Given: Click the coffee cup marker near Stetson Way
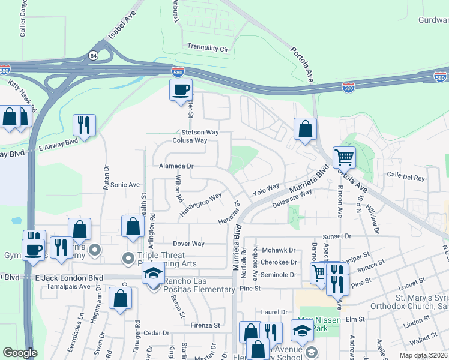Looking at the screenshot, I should [181, 91].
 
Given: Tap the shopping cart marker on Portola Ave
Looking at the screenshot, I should [344, 158].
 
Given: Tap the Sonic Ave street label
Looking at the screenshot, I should [125, 185].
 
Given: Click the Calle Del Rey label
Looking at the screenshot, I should [406, 178].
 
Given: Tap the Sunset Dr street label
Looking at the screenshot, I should [336, 236].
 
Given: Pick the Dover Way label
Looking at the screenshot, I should [188, 244].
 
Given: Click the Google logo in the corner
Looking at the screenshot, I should [20, 353].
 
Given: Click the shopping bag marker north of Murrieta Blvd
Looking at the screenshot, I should [305, 129].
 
